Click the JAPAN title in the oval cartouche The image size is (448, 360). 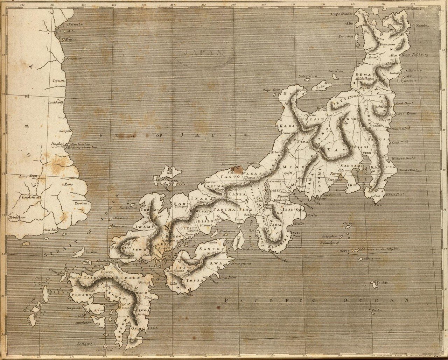click(203, 52)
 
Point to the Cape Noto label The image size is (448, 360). click(271, 90)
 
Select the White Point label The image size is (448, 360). click(395, 194)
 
